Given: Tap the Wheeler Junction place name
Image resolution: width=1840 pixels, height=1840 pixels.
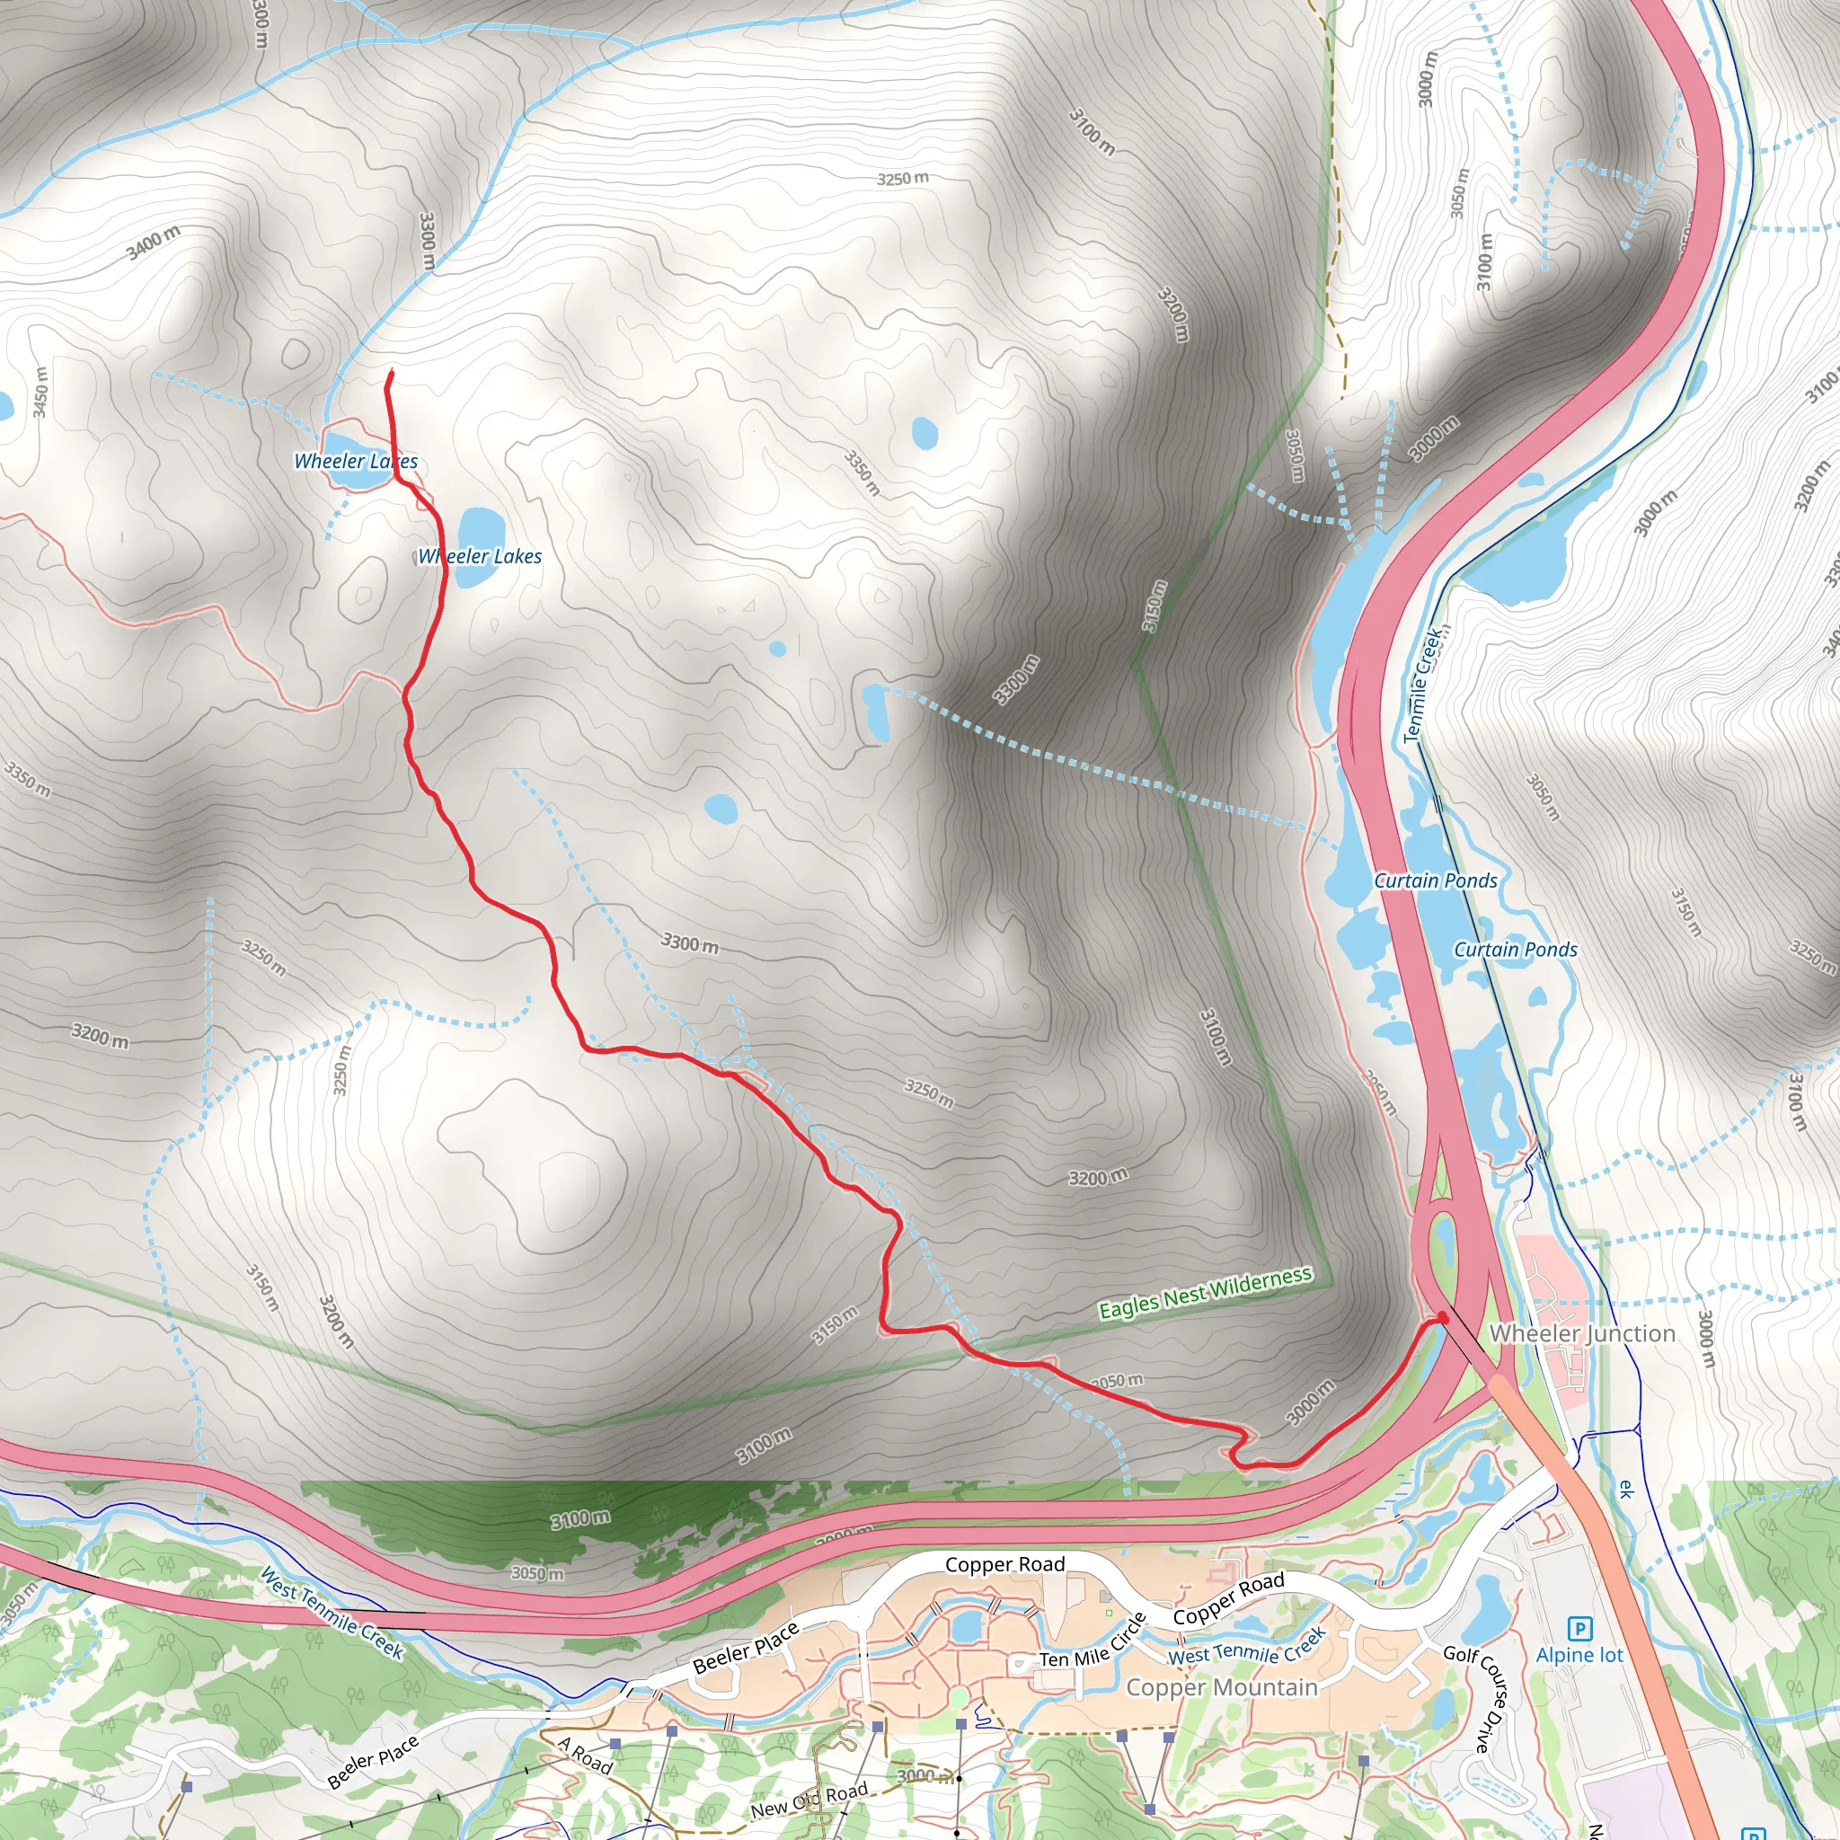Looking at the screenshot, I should [x=1582, y=1333].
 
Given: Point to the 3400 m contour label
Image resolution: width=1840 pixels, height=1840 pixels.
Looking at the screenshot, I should [x=154, y=243].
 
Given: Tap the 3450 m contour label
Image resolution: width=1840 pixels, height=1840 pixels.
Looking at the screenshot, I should [x=40, y=392].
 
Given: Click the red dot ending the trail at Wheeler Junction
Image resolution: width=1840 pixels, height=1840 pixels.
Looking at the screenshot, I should [x=1442, y=1317].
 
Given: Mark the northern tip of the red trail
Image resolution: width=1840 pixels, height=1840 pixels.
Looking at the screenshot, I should [x=391, y=372].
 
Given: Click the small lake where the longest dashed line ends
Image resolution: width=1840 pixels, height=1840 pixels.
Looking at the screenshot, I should [x=875, y=711].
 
